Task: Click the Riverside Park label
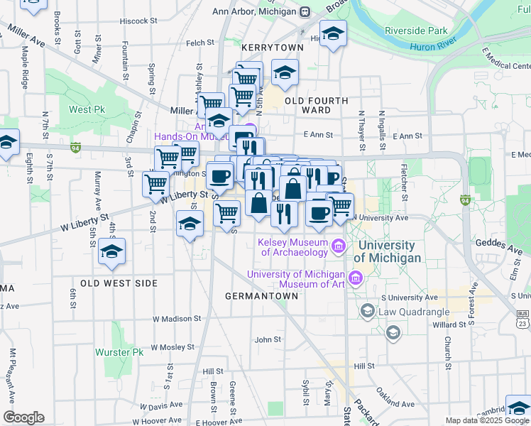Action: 416,31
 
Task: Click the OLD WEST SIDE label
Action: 119,283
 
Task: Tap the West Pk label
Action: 87,110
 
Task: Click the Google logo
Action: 23,417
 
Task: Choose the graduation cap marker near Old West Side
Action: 111,252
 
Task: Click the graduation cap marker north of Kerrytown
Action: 332,33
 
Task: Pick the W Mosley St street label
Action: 171,347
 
